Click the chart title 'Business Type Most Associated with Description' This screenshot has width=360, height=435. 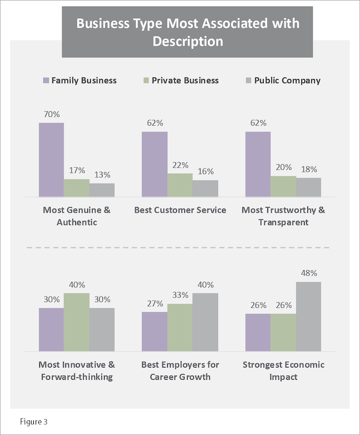coord(180,32)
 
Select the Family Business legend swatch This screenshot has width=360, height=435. coord(46,81)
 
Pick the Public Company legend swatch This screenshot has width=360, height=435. coord(249,81)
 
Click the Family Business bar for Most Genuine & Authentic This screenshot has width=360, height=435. coord(52,159)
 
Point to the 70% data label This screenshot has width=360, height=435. coord(52,115)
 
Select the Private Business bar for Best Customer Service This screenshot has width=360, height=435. coord(180,185)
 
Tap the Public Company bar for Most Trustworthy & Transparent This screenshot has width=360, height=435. coord(308,187)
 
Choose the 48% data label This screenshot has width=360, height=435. coord(308,273)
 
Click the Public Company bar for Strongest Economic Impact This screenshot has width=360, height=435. coord(308,317)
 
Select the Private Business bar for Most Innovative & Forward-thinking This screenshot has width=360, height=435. coord(76,322)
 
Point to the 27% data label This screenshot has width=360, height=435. coord(155,304)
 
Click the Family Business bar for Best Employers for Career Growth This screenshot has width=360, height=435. coord(155,332)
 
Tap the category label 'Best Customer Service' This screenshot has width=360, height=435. coord(180,210)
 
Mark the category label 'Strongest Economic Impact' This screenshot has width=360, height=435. coord(283,371)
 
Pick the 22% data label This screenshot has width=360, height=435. coord(180,165)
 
